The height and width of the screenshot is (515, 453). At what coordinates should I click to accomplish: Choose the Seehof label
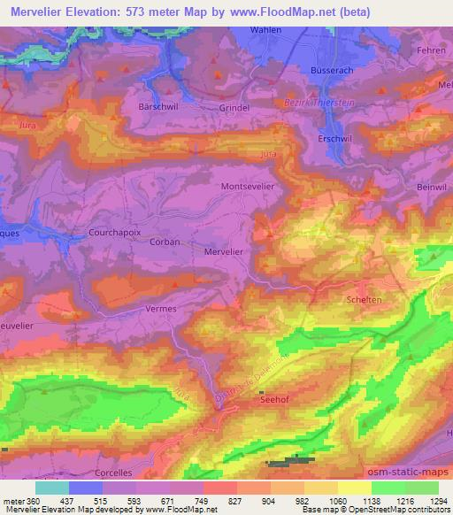pyautogui.click(x=274, y=399)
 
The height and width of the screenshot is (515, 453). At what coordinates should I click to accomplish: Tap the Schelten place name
pyautogui.click(x=365, y=300)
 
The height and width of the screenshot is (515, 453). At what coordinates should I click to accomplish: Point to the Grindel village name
pyautogui.click(x=234, y=108)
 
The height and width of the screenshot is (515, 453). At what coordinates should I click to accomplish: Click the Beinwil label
pyautogui.click(x=433, y=188)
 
